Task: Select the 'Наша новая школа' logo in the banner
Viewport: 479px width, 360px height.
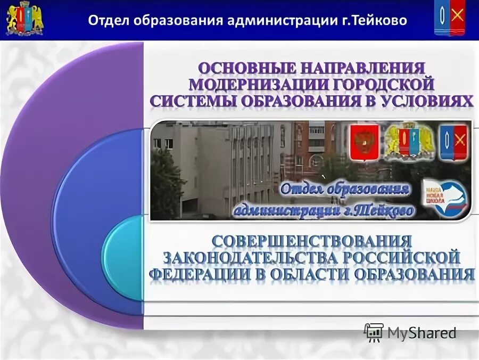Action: (445, 198)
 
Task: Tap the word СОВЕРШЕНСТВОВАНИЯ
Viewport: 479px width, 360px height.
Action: (312, 241)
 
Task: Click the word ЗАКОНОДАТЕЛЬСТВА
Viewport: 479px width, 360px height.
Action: (250, 258)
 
